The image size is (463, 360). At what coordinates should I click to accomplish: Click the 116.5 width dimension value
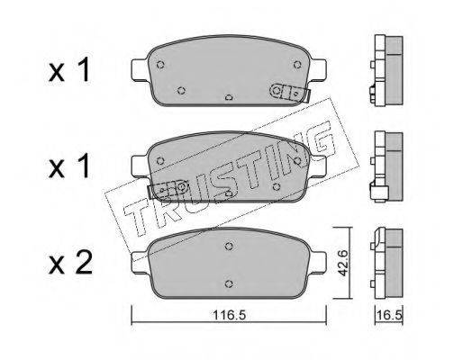[x=230, y=315]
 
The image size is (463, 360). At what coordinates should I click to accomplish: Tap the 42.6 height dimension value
[x=342, y=263]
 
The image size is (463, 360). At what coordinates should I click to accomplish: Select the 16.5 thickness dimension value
[x=389, y=315]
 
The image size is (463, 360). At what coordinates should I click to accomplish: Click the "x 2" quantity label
[x=70, y=264]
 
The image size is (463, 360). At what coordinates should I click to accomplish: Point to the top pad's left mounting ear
[x=140, y=69]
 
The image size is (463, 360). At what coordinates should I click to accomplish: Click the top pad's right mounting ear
[x=318, y=69]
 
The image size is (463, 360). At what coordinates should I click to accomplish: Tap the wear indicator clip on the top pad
[x=290, y=93]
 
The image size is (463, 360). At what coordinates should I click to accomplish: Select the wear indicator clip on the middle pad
[x=168, y=189]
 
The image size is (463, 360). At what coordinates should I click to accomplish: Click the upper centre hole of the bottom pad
[x=229, y=246]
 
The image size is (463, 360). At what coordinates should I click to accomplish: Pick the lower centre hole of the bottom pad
[x=229, y=283]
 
